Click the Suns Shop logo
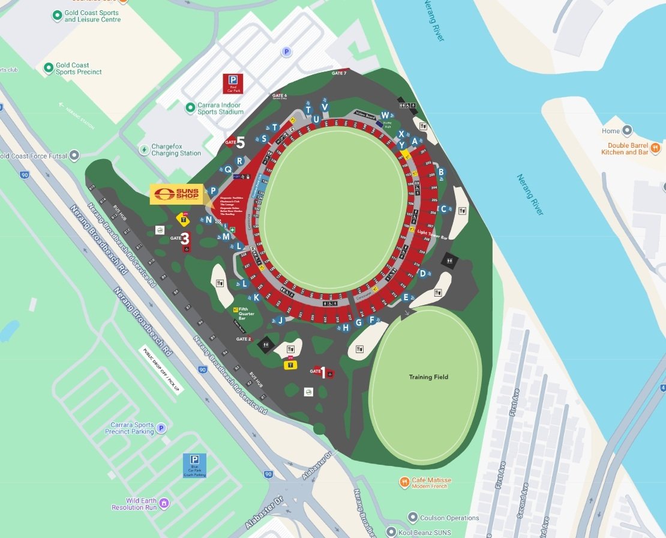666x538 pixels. point(176,194)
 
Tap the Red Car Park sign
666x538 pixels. point(232,83)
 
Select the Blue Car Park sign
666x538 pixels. point(194,465)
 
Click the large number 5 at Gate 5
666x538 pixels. point(240,142)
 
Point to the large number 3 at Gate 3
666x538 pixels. point(185,239)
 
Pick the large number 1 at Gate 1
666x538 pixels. point(324,373)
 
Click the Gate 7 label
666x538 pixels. point(339,73)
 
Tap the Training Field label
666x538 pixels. point(428,377)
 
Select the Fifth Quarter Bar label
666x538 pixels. point(247,313)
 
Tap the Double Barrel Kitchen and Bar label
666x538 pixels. point(628,148)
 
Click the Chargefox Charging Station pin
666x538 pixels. point(144,149)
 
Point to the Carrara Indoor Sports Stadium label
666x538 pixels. point(220,109)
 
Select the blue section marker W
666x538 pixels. point(385,115)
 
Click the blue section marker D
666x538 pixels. point(422,274)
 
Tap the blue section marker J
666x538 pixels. point(280,320)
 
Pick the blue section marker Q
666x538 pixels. point(228,169)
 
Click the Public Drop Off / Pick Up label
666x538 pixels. point(161,370)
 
